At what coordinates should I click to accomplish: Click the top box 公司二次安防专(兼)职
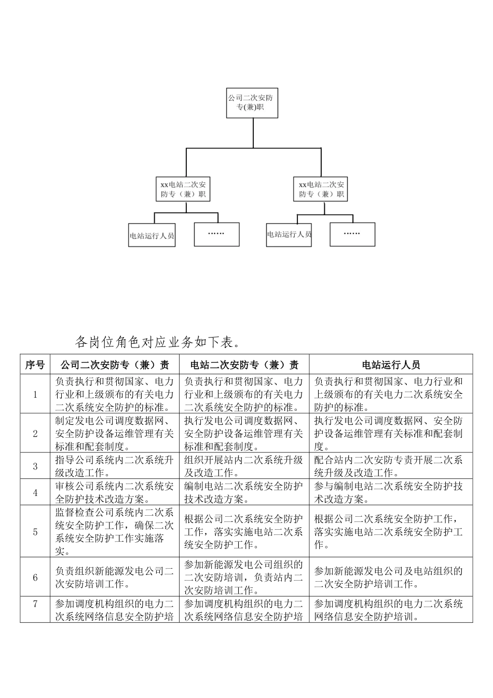pyautogui.click(x=252, y=102)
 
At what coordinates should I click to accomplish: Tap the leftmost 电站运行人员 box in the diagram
pyautogui.click(x=152, y=235)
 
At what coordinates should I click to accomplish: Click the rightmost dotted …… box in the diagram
pyautogui.click(x=352, y=234)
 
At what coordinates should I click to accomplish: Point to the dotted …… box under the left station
pyautogui.click(x=216, y=234)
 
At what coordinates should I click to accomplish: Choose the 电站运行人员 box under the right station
pyautogui.click(x=289, y=234)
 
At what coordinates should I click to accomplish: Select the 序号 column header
pyautogui.click(x=35, y=365)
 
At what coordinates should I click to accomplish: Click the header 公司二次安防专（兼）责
pyautogui.click(x=114, y=365)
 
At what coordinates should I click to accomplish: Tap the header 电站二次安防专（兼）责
pyautogui.click(x=244, y=365)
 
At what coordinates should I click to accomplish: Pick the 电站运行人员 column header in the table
pyautogui.click(x=391, y=365)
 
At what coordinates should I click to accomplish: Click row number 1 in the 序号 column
pyautogui.click(x=35, y=394)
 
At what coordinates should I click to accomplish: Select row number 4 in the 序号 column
pyautogui.click(x=35, y=492)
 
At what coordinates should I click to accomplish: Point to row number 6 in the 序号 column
pyautogui.click(x=35, y=577)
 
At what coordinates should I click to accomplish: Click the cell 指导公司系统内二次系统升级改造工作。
pyautogui.click(x=114, y=466)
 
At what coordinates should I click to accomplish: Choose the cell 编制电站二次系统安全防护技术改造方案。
pyautogui.click(x=244, y=492)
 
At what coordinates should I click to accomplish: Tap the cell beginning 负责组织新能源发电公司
pyautogui.click(x=114, y=577)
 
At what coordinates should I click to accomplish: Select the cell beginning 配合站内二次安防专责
pyautogui.click(x=391, y=466)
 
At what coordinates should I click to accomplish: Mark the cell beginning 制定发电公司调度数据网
pyautogui.click(x=114, y=433)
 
